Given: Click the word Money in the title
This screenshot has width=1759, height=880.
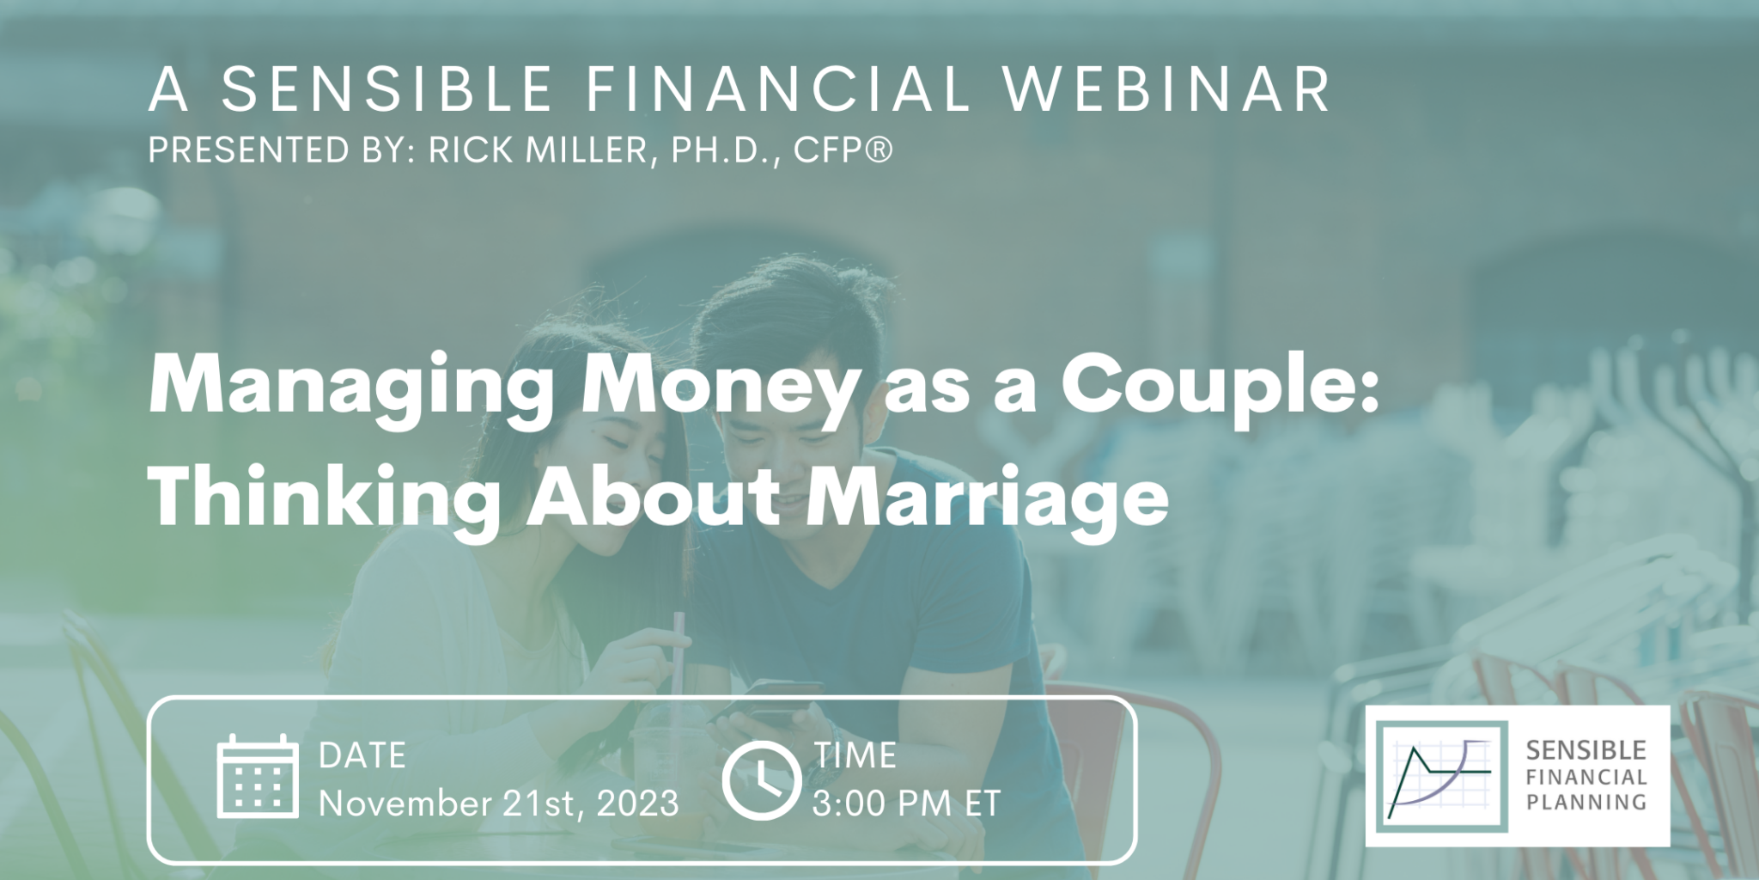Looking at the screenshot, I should [x=719, y=387].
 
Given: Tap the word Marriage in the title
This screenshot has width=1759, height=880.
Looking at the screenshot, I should [x=987, y=498].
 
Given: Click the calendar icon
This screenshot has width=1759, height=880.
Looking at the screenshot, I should [x=258, y=777].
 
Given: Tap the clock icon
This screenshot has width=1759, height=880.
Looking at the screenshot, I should [x=761, y=779].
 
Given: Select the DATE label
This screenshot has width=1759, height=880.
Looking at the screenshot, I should [x=362, y=755].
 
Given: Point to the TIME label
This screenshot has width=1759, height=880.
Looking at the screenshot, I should [x=855, y=755].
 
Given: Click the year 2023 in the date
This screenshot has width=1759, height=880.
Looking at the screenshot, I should [x=637, y=804].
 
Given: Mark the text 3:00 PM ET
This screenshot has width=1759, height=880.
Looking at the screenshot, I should [x=906, y=804].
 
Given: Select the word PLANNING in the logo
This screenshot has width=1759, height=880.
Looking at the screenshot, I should [x=1586, y=803].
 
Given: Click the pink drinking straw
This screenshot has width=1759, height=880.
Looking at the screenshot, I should [x=680, y=653].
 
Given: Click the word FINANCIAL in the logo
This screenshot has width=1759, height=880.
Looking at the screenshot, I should [x=1586, y=777].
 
